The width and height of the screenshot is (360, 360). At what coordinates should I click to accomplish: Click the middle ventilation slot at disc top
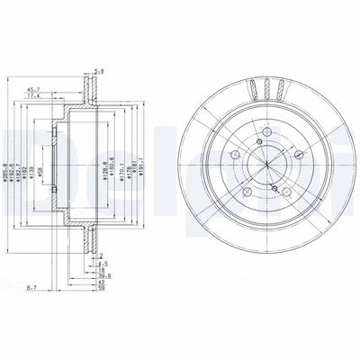(269, 89)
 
